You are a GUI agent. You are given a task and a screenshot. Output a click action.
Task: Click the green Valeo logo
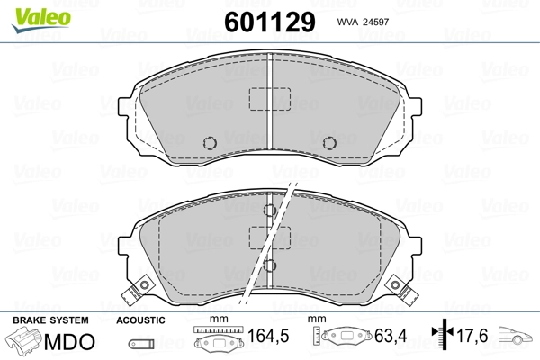[41, 20]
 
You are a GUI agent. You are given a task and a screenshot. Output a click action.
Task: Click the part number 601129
[270, 22]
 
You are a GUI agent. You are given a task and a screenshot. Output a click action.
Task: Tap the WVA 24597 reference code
[363, 22]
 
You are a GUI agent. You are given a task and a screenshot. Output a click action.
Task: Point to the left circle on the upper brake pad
[210, 142]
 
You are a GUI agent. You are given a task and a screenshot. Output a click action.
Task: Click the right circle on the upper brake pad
[329, 142]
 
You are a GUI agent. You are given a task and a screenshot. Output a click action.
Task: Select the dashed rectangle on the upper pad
[270, 99]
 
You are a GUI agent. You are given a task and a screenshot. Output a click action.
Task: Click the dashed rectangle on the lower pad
[270, 238]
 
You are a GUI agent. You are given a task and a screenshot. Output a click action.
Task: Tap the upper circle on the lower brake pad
[270, 210]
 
